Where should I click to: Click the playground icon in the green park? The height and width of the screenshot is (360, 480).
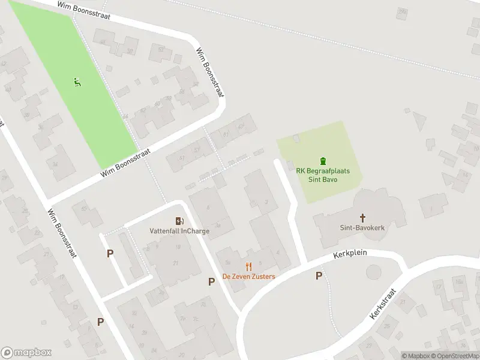tap(77, 82)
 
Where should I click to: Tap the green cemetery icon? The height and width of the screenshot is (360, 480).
tap(323, 161)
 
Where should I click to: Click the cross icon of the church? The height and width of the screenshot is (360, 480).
tap(362, 217)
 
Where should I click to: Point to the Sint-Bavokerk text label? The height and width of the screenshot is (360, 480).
tap(362, 228)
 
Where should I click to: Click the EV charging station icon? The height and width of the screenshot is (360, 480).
tap(179, 221)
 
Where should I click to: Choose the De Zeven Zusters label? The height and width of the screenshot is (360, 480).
tap(248, 277)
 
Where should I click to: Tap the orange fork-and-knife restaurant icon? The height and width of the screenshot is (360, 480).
tap(248, 267)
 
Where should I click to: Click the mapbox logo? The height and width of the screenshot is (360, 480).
tap(26, 353)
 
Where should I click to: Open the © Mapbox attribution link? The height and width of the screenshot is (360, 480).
tap(415, 356)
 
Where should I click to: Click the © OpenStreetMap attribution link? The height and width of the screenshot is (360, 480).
tap(455, 356)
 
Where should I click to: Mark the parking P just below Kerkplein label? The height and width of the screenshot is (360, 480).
tap(319, 275)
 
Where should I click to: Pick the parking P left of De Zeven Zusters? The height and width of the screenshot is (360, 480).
tap(211, 281)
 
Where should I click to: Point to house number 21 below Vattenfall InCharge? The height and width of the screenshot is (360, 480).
tap(176, 263)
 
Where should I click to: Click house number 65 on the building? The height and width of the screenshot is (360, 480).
tap(83, 208)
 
